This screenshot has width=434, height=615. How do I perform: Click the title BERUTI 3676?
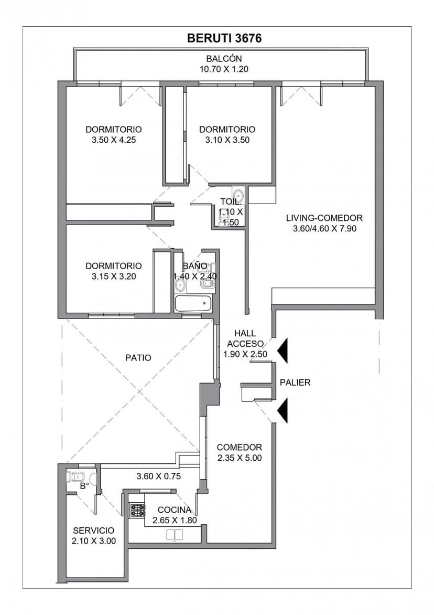pos(224,38)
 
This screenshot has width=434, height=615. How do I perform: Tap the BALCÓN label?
pos(224,59)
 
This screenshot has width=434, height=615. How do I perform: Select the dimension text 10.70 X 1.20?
pos(224,69)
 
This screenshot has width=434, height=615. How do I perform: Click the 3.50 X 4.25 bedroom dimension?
pos(114,140)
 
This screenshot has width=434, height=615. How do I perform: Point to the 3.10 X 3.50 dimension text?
pos(227,140)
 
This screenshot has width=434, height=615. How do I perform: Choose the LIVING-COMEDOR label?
pos(324,218)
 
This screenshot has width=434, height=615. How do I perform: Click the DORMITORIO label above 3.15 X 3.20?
pos(114,266)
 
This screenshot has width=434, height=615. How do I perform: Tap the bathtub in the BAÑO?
pos(193,303)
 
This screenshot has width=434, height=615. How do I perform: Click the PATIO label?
pos(138,358)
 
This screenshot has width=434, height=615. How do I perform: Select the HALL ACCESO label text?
pos(245,338)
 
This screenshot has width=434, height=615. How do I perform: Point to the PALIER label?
pos(295,383)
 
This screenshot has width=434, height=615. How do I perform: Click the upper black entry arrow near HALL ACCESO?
pos(283,350)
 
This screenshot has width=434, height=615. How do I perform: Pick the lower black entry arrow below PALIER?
pos(283,411)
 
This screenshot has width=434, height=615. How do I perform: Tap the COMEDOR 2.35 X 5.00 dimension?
pos(240,458)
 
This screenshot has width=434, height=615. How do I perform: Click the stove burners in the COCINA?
pos(137,510)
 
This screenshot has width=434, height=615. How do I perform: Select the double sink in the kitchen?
pos(175,535)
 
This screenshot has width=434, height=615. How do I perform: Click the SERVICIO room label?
pos(94,531)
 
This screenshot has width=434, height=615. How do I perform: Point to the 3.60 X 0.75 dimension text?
pos(159,476)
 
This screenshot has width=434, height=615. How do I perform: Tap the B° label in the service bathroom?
pos(84,486)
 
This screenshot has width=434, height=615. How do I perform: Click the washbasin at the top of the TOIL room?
pos(238,195)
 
